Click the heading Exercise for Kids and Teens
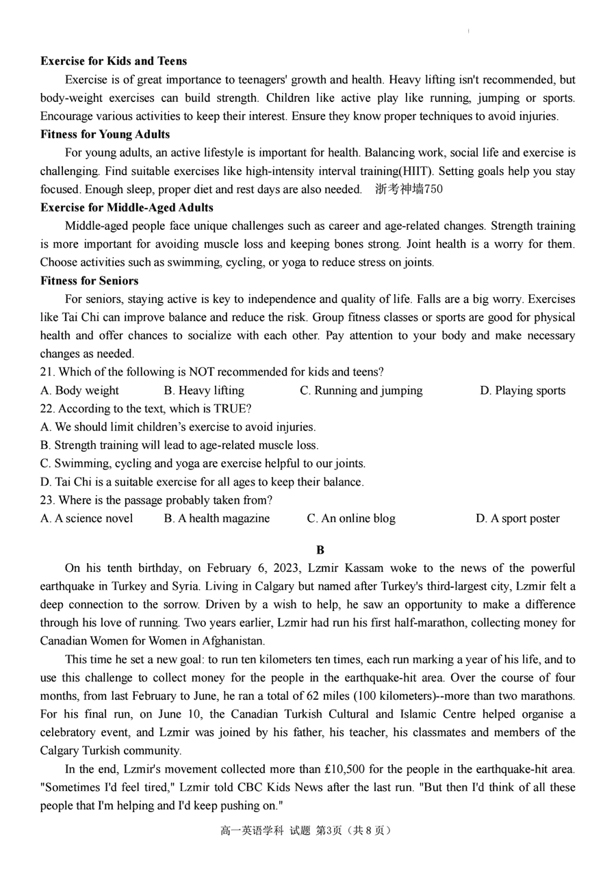coord(114,61)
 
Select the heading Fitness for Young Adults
coord(105,134)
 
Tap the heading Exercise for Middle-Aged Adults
coord(127,207)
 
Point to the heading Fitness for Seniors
coord(89,281)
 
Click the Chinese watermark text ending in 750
coord(409,190)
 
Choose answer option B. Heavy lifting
coord(204,391)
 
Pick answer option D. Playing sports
coord(522,391)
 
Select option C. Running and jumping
coord(361,391)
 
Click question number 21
coord(47,372)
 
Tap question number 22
coord(47,409)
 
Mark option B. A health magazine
coord(217,519)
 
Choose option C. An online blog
coord(351,519)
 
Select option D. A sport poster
coord(517,519)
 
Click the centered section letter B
coord(320,550)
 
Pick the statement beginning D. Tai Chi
coord(202,482)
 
